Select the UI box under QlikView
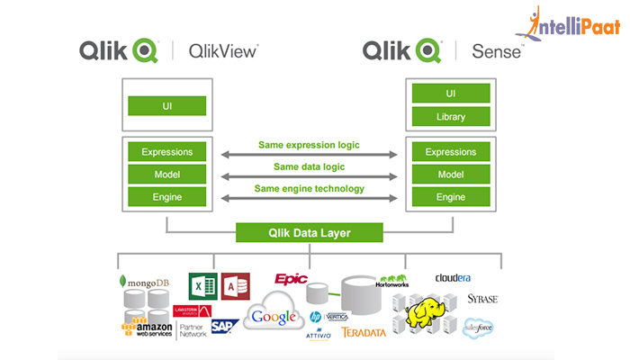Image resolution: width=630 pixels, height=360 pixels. click(x=166, y=106)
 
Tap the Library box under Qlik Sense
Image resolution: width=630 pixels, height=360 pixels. click(x=450, y=117)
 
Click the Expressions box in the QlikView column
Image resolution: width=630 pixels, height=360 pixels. click(x=166, y=151)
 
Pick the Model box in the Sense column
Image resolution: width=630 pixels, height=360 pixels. click(x=450, y=174)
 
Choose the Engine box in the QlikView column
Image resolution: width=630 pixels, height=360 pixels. click(x=166, y=196)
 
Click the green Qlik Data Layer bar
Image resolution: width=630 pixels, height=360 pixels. click(x=306, y=233)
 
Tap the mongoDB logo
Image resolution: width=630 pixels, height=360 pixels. click(x=144, y=283)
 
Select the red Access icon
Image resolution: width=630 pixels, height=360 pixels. click(x=234, y=287)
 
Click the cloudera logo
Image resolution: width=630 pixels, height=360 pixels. click(x=453, y=278)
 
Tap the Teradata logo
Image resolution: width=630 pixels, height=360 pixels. click(x=364, y=332)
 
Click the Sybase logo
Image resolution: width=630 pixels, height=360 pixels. click(x=481, y=299)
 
